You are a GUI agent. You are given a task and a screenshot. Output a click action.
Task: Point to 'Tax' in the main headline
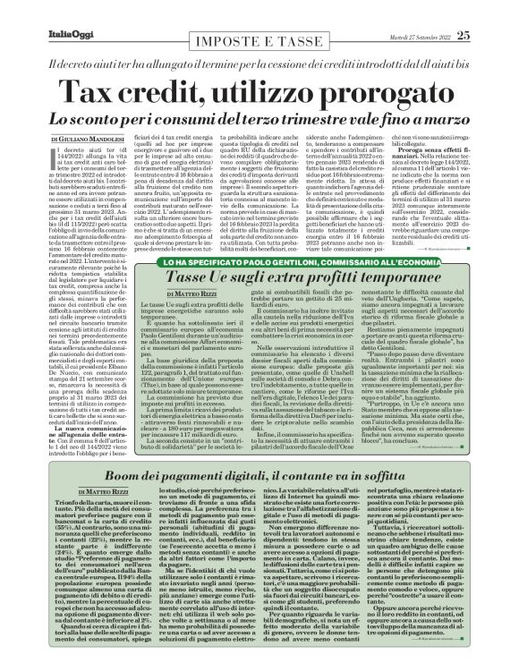(x=129, y=71)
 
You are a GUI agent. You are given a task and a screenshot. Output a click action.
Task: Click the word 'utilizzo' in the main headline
(x=256, y=71)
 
